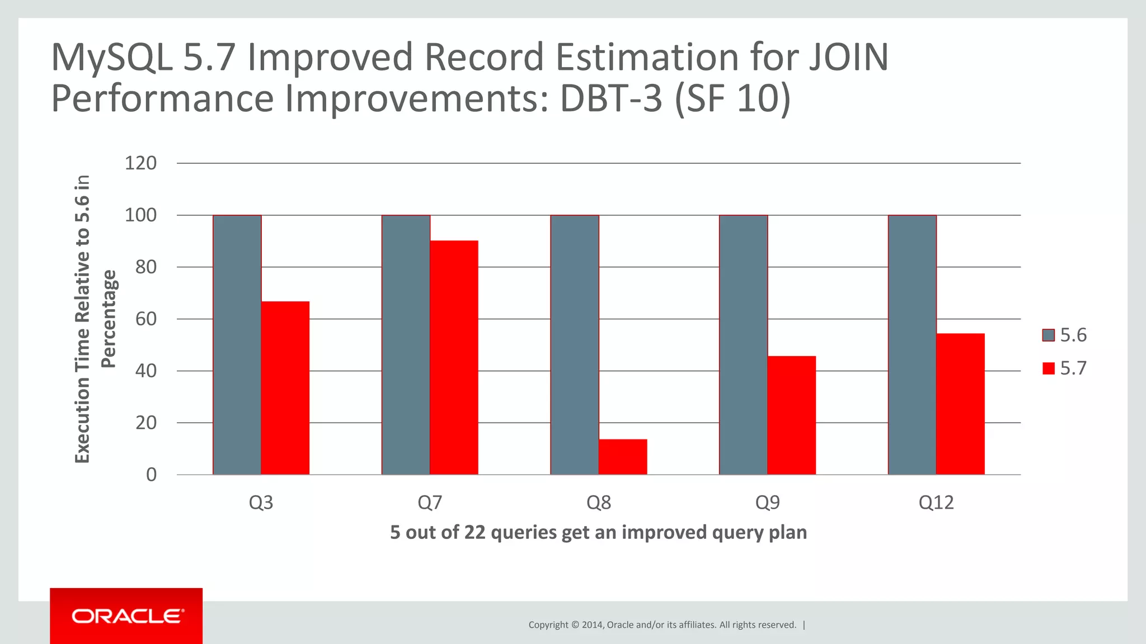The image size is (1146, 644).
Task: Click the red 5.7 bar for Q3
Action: pos(285,388)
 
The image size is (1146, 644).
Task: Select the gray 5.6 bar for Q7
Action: pos(406,345)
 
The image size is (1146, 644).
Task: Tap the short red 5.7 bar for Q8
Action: pos(623,457)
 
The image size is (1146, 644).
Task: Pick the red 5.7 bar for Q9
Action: pos(791,415)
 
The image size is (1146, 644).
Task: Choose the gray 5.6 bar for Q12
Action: pos(912,345)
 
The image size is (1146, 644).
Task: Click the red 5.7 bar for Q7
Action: pos(454,358)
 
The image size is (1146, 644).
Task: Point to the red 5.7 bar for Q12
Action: pos(960,404)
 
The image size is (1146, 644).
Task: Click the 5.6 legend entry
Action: pos(1064,335)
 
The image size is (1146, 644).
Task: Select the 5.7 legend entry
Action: pos(1064,368)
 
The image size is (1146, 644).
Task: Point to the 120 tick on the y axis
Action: pos(140,163)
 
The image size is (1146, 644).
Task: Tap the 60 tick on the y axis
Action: pos(145,319)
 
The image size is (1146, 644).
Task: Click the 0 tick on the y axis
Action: pos(151,475)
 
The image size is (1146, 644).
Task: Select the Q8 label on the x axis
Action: pos(598,503)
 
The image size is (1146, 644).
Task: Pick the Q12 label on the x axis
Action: pos(936,503)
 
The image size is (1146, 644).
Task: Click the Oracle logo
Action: pos(127,616)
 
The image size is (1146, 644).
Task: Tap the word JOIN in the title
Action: pos(847,58)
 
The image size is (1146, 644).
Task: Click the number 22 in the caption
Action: pos(475,532)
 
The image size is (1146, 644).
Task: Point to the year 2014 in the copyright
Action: pos(592,625)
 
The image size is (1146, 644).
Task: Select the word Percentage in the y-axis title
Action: pos(109,319)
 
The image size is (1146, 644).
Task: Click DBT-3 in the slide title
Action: pos(610,99)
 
